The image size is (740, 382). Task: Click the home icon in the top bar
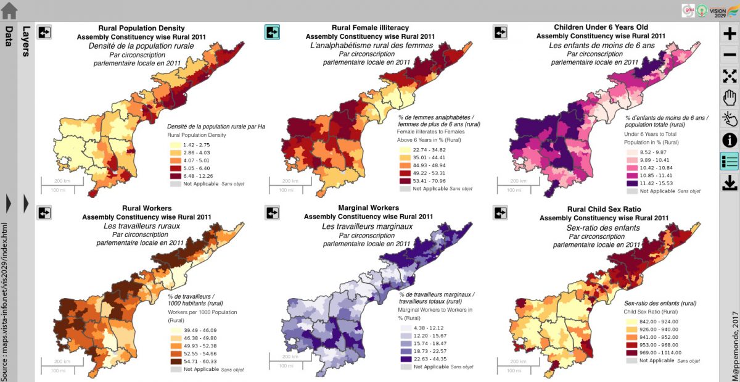(x=9, y=10)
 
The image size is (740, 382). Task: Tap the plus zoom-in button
(x=730, y=34)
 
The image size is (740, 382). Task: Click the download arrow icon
(x=730, y=183)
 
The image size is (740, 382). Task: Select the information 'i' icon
(x=730, y=140)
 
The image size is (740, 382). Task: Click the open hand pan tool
(x=730, y=97)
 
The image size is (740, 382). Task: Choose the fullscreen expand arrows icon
(x=730, y=76)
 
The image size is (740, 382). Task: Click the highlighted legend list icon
(x=730, y=162)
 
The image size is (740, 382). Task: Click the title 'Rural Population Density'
(x=141, y=28)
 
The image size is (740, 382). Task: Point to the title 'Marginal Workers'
(x=368, y=208)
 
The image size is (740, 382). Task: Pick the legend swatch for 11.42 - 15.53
(x=632, y=183)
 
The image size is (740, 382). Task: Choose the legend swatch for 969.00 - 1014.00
(x=632, y=352)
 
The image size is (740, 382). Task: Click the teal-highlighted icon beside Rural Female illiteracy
(x=272, y=32)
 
